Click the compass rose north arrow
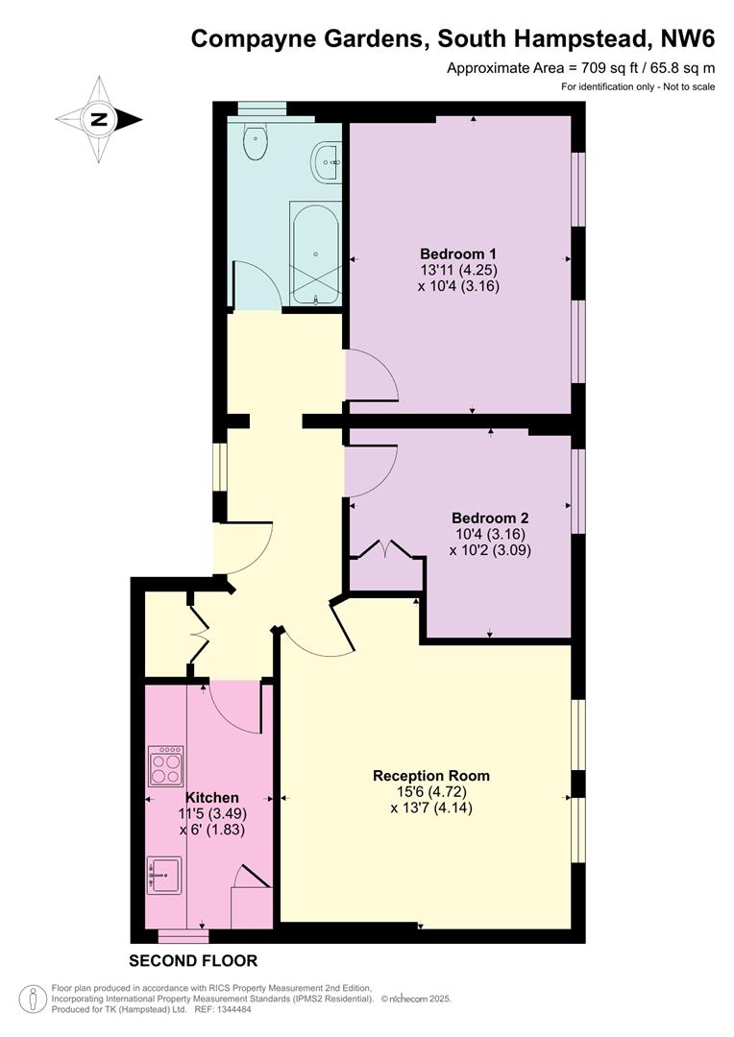tap(99, 120)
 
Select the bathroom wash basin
tap(327, 162)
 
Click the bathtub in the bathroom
tap(314, 253)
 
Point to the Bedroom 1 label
tap(459, 253)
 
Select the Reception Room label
tap(431, 776)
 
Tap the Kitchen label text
tap(212, 797)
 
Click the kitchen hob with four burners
tap(165, 766)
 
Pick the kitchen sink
tap(164, 875)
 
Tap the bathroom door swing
tap(256, 285)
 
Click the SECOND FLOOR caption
tap(193, 960)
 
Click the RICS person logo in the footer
tap(34, 1000)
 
